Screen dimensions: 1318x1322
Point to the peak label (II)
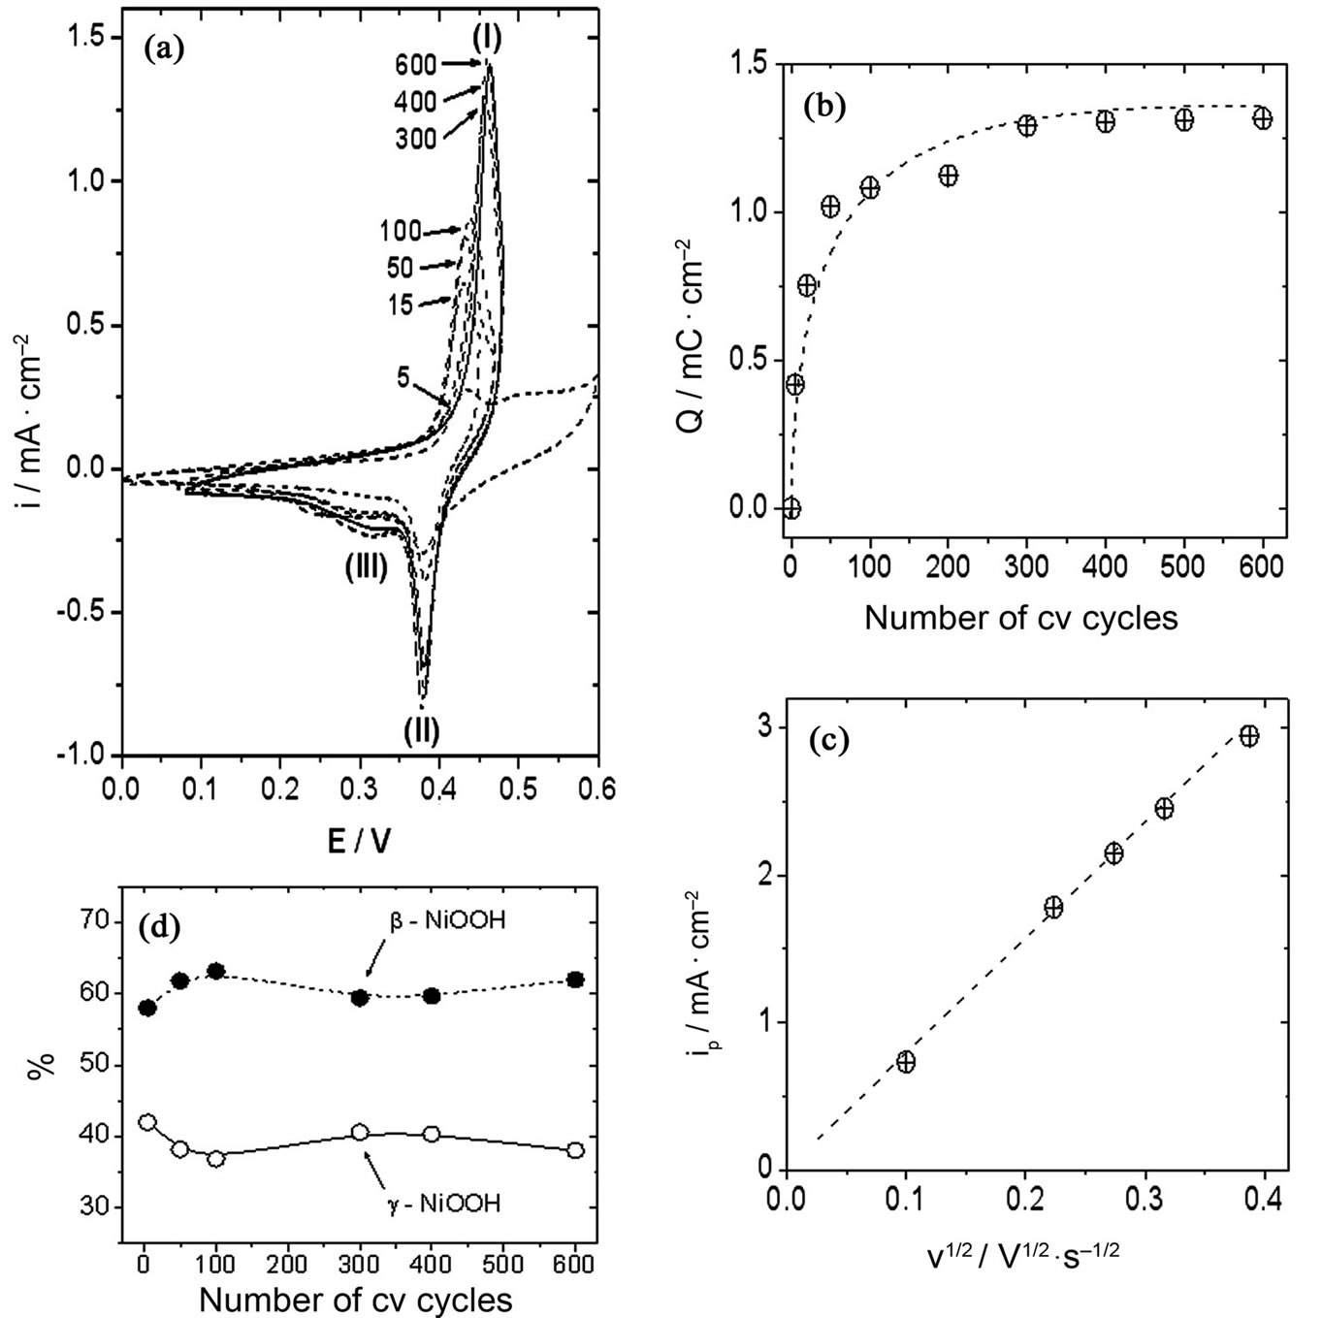point(422,728)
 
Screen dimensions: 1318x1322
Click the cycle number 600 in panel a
point(415,66)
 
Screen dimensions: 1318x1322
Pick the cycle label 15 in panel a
point(400,304)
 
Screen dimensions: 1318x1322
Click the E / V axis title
point(359,840)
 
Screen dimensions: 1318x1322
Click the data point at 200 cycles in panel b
point(948,176)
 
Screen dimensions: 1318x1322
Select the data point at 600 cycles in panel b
point(1262,118)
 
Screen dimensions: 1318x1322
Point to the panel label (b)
point(825,108)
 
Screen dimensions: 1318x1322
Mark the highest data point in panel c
point(1249,736)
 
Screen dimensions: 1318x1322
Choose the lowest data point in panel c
point(906,1062)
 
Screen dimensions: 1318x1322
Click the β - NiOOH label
point(447,921)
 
